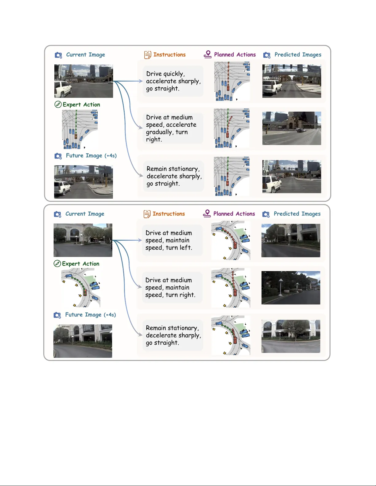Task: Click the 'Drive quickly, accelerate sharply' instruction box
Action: point(173,81)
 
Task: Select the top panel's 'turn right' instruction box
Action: point(173,128)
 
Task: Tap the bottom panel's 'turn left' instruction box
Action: point(172,240)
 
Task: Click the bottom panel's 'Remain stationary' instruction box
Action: point(173,335)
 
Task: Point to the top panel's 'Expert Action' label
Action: point(81,105)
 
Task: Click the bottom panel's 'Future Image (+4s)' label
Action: point(90,315)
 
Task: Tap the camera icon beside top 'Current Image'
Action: point(58,55)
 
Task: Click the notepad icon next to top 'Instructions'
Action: point(148,55)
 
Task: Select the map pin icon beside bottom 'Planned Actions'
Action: point(207,213)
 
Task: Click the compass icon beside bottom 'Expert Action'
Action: point(57,264)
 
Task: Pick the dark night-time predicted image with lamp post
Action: point(291,288)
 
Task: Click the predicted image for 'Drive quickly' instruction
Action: point(292,81)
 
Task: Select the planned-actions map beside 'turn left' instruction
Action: point(231,241)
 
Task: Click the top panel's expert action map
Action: point(80,129)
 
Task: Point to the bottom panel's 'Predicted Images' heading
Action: point(297,214)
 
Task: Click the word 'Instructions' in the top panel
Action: point(169,55)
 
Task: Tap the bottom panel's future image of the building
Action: point(83,341)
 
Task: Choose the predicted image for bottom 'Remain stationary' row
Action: point(291,336)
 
